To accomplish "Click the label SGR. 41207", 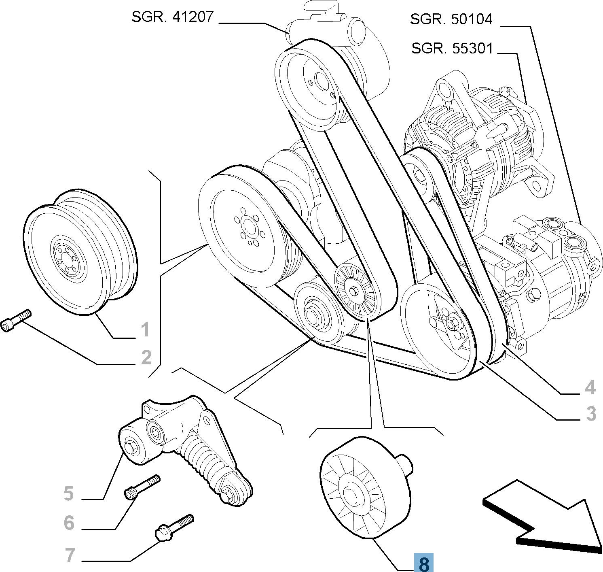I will pos(172,17).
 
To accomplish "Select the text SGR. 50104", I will pos(451,19).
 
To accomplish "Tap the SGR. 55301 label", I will pos(452,49).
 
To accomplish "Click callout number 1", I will pos(145,330).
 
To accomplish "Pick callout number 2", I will pos(146,357).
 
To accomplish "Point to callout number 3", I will pos(591,414).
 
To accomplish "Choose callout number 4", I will pos(590,387).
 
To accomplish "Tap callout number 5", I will pos(69,494).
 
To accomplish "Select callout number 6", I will pos(69,523).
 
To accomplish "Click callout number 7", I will pos(70,555).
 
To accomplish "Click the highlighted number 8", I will pos(423,562).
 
